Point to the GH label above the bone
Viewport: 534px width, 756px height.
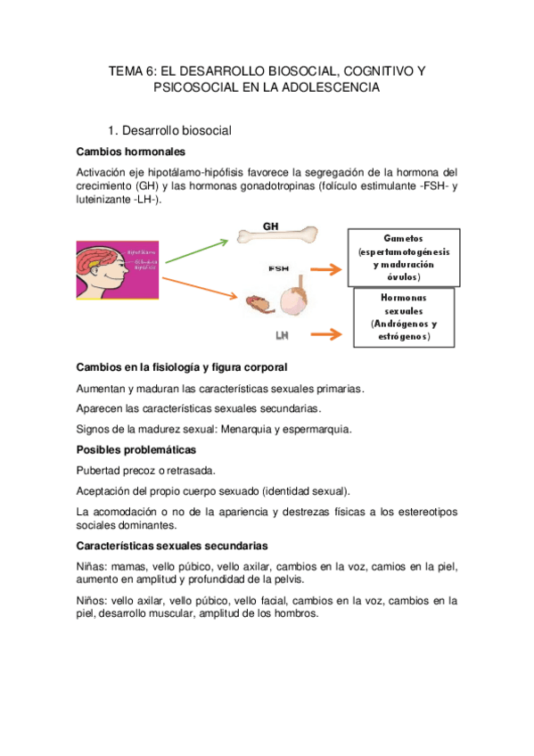[271, 226]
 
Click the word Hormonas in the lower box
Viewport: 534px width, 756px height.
[404, 298]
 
